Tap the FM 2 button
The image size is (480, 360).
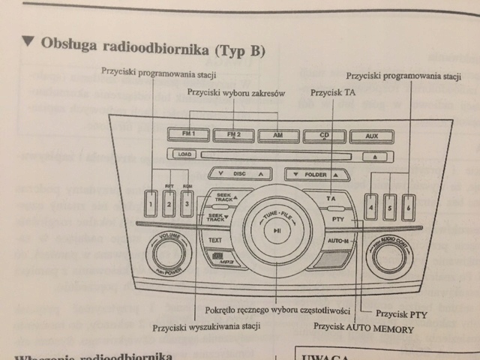[x=232, y=136]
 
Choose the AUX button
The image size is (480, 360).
[x=368, y=137]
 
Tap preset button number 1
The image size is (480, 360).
[x=151, y=202]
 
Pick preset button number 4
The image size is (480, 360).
[x=370, y=208]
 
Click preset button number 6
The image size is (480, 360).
[x=407, y=208]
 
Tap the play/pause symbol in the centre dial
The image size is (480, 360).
[x=277, y=230]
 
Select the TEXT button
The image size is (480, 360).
[x=215, y=240]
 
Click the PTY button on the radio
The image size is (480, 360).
[x=336, y=219]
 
